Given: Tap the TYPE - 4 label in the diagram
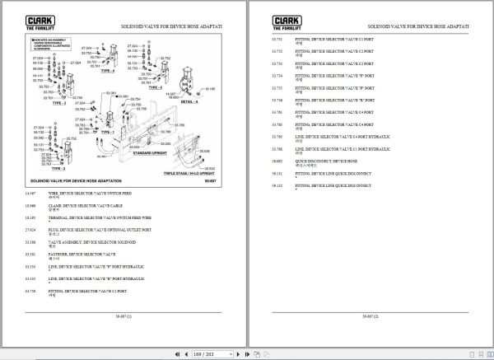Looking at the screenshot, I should point(108,72).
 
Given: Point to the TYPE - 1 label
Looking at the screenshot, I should point(106,130).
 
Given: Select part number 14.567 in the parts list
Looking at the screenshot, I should point(30,192).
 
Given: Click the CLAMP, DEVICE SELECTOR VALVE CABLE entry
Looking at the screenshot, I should point(82,204).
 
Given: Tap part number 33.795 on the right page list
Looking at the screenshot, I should point(277,136).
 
